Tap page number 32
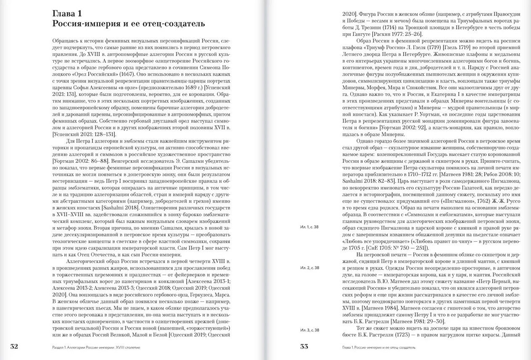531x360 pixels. tap(14, 347)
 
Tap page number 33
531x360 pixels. tap(304, 347)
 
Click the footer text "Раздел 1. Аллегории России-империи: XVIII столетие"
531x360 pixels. tap(93, 348)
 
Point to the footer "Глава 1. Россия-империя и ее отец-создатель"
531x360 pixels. tap(379, 348)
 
